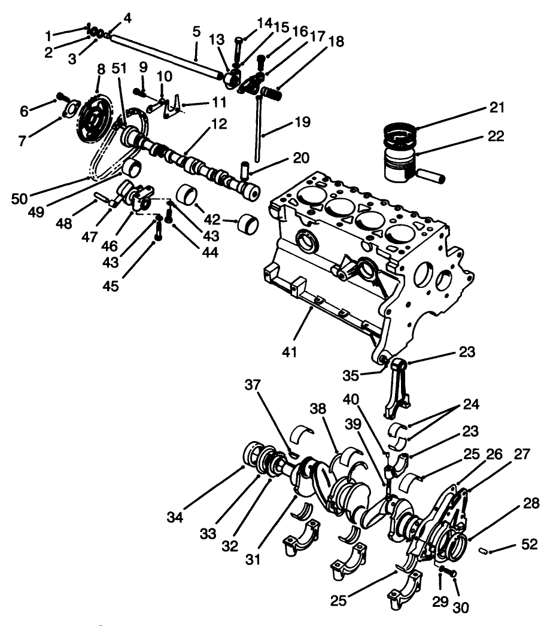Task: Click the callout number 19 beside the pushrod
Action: coord(303,123)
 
